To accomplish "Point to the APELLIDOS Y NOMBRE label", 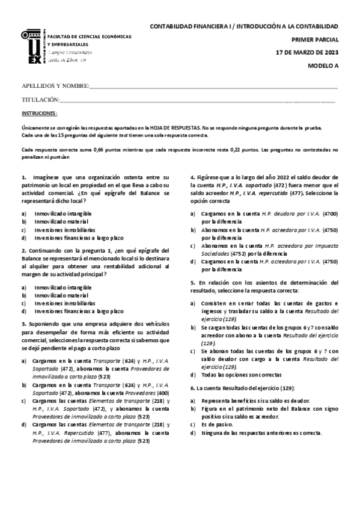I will [55, 86].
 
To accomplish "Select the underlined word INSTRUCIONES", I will [40, 113].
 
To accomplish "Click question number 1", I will [23, 177].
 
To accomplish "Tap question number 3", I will [23, 324].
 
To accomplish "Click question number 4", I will [192, 177].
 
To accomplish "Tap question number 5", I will [192, 281].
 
